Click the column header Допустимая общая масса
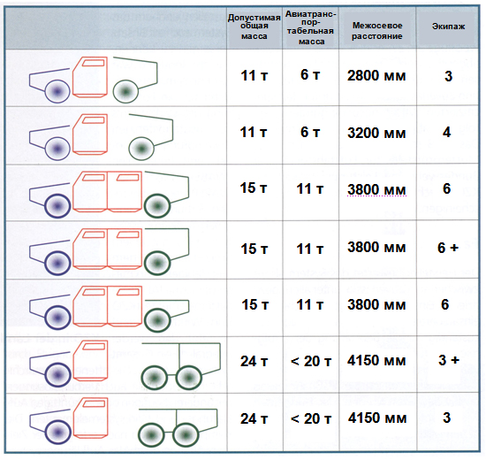[254, 27]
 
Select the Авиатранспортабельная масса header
[311, 27]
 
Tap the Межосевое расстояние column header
[377, 31]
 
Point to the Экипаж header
[448, 27]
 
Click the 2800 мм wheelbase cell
[376, 76]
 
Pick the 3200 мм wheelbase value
[376, 134]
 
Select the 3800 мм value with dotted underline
[376, 189]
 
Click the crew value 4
[446, 133]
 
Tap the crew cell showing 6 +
[448, 248]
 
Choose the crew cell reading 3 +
[449, 360]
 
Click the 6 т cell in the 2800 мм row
[310, 75]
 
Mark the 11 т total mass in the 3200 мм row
[254, 133]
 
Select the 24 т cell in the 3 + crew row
[254, 362]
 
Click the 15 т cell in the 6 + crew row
[254, 249]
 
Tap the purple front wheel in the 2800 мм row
[57, 91]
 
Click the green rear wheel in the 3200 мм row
[141, 149]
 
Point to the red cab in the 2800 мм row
[90, 77]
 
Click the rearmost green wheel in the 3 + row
[188, 378]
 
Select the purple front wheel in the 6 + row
[57, 264]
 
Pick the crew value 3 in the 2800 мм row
[449, 76]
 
